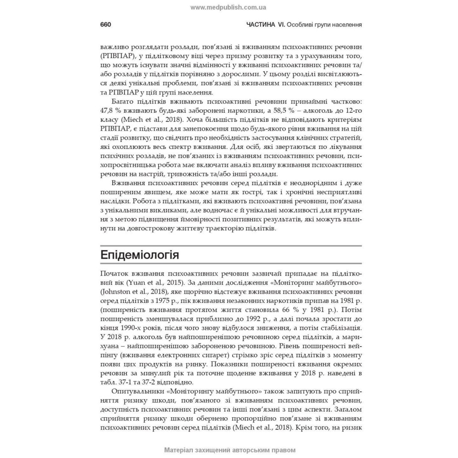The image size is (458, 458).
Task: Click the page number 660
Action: pos(106,25)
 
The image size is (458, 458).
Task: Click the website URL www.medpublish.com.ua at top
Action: pos(228,7)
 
